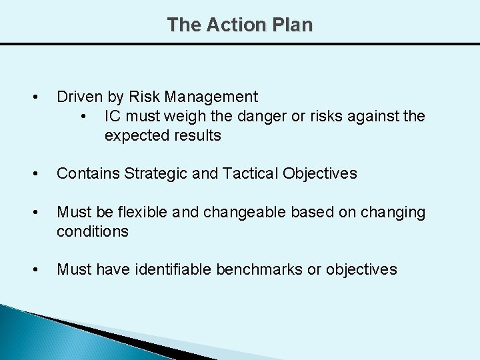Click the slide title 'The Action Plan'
point(239,25)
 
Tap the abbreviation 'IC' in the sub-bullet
point(113,117)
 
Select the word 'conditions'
point(92,231)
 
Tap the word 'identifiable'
point(172,269)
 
